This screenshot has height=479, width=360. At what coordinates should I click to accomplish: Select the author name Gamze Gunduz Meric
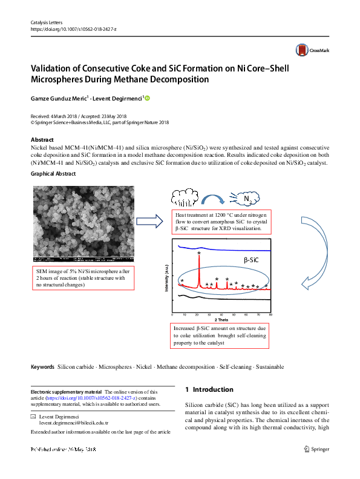59,98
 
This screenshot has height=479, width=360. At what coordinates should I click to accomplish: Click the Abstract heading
42,139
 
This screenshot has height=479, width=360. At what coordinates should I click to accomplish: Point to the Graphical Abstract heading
53,173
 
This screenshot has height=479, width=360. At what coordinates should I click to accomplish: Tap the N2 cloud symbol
246,199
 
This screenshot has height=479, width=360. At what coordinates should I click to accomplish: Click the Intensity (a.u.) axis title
165,279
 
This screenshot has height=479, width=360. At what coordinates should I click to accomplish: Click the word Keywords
42,367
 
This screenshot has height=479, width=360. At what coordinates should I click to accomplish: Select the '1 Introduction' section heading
209,389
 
